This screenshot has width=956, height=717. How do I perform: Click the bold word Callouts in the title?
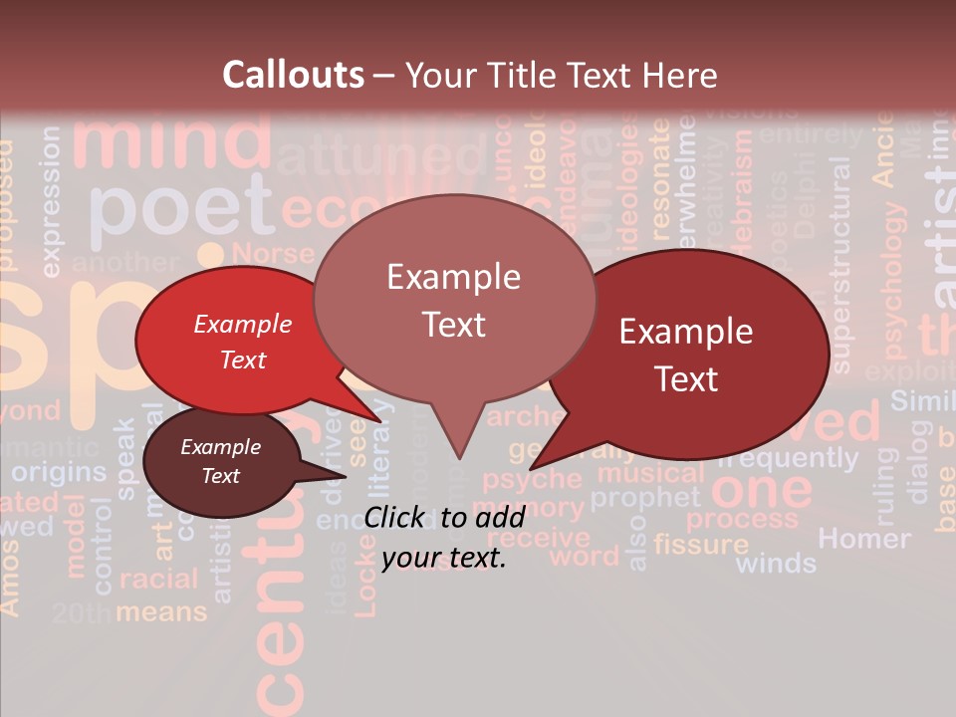click(293, 75)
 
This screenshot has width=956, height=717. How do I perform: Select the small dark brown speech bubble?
click(220, 461)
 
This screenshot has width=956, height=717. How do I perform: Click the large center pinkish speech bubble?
click(454, 300)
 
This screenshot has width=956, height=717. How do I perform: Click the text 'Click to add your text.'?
click(444, 537)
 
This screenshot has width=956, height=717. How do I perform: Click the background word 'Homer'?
click(863, 539)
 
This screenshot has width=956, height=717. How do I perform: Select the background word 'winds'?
click(776, 564)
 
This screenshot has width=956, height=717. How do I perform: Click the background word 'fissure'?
click(701, 544)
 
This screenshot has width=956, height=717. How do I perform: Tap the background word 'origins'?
click(59, 472)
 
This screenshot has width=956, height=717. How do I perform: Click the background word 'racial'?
click(158, 580)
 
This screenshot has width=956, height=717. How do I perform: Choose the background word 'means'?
click(161, 610)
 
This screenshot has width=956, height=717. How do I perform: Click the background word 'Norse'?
click(271, 254)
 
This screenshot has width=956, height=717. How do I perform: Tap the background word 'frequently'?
click(787, 459)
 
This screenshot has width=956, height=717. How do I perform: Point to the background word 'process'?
click(742, 519)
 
